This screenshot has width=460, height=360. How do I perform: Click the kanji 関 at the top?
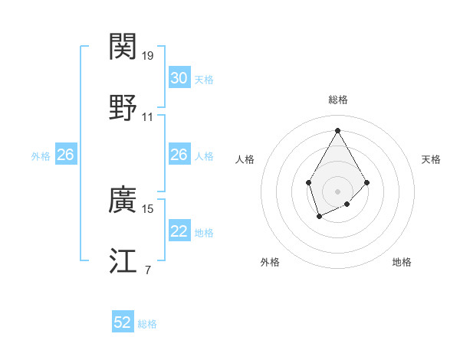(x=123, y=47)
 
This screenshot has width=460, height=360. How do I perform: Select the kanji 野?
(x=123, y=108)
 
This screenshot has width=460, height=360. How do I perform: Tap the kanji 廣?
(x=123, y=201)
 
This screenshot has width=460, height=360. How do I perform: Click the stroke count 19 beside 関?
(x=148, y=56)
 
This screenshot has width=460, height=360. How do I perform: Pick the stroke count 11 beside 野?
(x=148, y=117)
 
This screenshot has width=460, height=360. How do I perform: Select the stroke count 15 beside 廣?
(x=148, y=208)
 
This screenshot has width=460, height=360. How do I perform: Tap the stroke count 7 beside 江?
(x=147, y=269)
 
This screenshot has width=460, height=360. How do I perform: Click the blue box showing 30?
(x=179, y=78)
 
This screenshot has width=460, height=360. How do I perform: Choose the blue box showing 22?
(x=179, y=232)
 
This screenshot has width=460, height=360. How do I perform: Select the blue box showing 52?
(x=123, y=323)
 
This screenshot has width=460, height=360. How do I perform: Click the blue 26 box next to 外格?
(x=65, y=155)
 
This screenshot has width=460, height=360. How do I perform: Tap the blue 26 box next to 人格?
(x=179, y=155)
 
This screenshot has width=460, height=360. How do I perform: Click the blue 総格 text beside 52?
(x=147, y=324)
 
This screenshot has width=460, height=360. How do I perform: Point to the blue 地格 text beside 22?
(x=204, y=233)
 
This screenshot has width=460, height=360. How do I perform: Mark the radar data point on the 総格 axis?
(x=337, y=129)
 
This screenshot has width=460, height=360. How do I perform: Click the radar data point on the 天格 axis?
(x=367, y=182)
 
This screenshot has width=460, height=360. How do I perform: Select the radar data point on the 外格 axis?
(x=319, y=218)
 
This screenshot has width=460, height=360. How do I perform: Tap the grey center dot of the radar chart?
(x=337, y=191)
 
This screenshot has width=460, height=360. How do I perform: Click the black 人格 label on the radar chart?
(x=245, y=159)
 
